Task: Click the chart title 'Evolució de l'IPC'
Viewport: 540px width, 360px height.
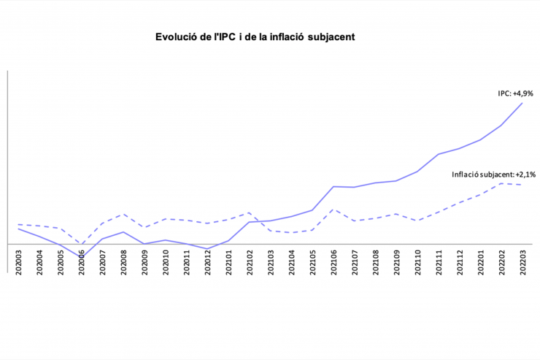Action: point(255,37)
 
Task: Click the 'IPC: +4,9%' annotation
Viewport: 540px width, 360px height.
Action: point(515,93)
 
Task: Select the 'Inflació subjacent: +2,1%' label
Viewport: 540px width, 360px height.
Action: point(494,175)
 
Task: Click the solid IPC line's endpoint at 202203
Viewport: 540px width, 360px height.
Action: point(522,103)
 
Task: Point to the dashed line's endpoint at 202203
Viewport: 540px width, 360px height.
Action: point(522,185)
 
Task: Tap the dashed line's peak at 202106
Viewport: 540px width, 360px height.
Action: point(333,209)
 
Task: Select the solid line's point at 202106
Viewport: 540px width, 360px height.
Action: point(333,186)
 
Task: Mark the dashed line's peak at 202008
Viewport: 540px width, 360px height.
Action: point(123,214)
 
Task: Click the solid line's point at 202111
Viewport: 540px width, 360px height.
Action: point(439,154)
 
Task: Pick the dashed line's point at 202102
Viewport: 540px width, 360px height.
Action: point(250,212)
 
